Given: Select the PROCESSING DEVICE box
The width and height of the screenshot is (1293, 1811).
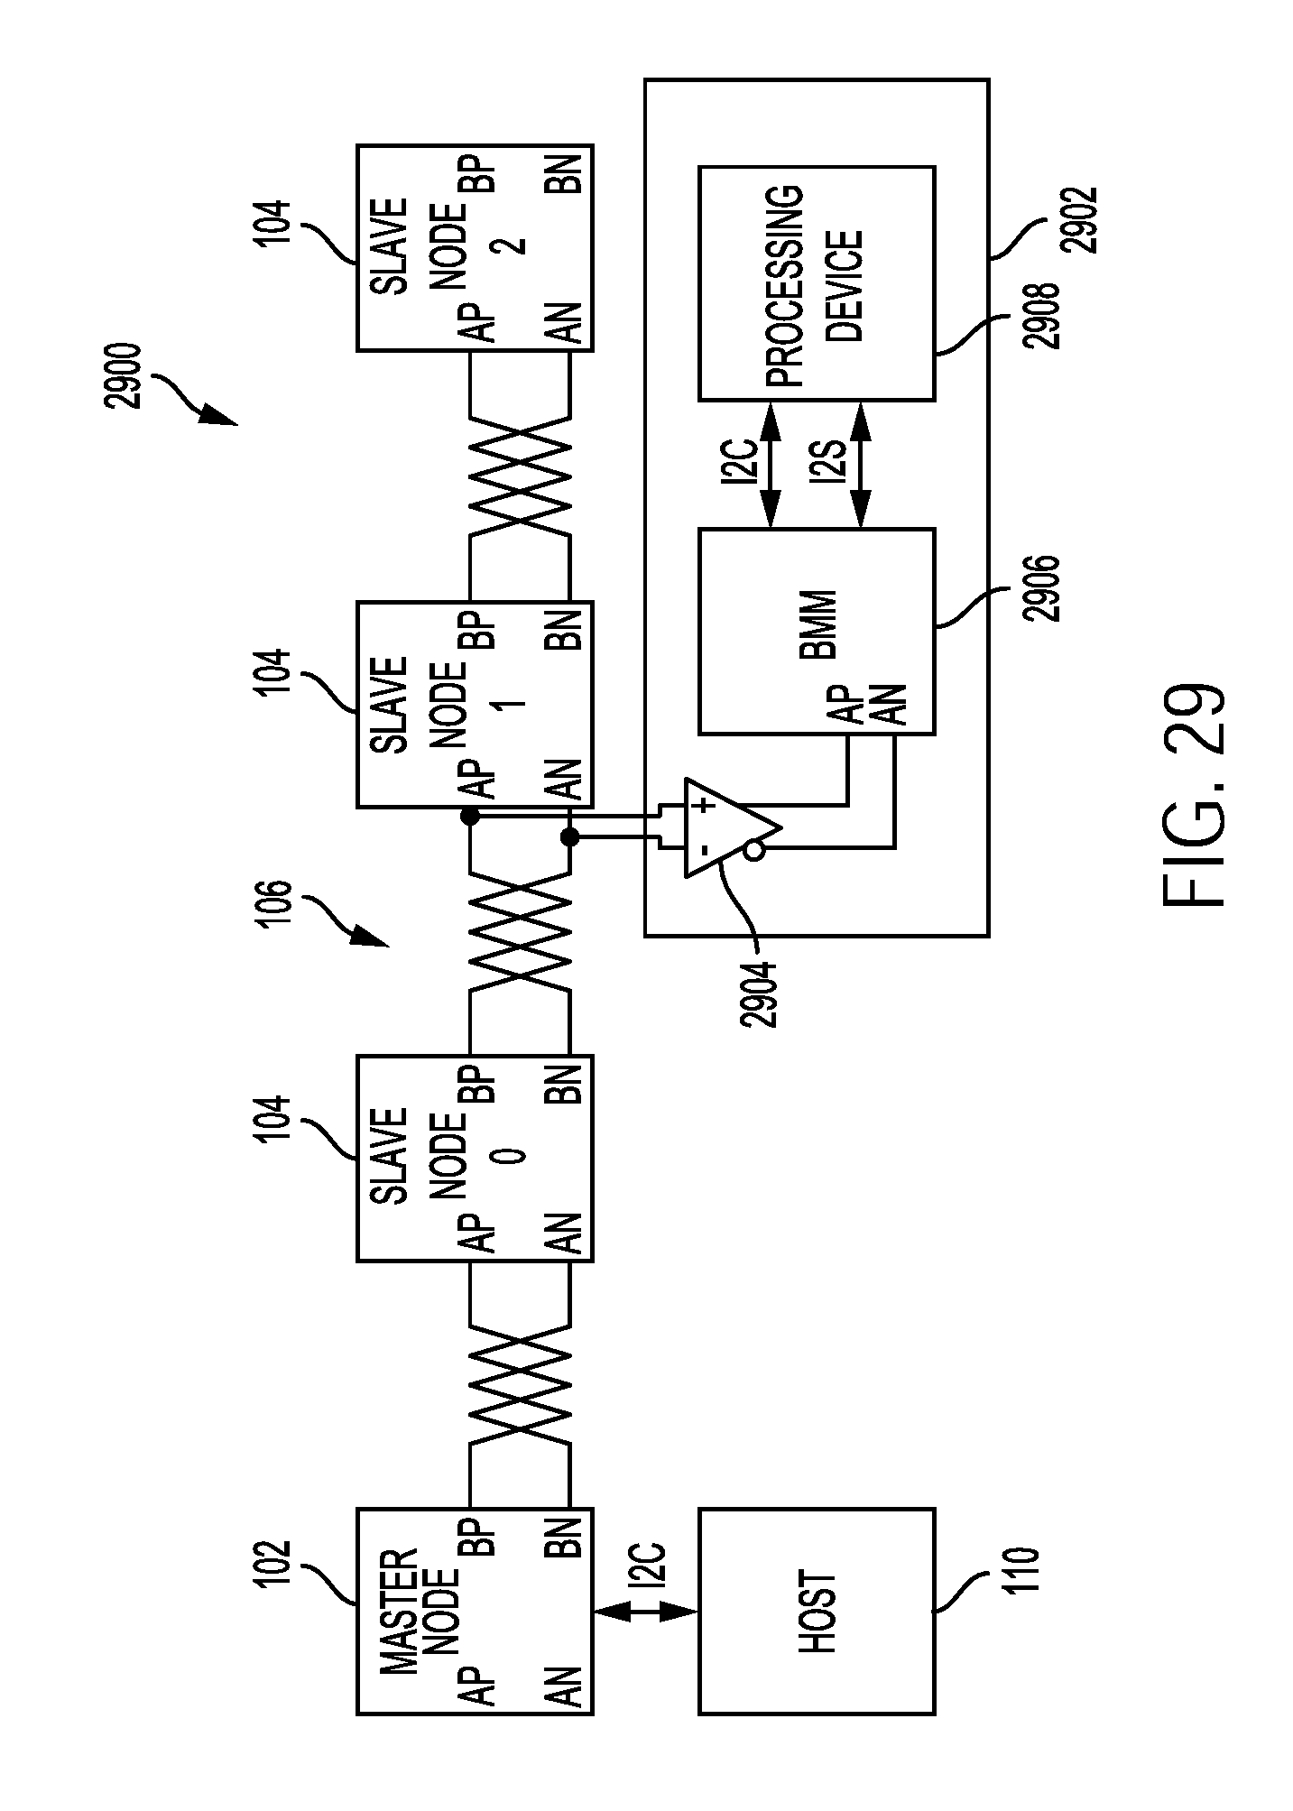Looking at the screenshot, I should (817, 282).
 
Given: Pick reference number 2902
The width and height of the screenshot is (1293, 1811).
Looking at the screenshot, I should (1081, 219).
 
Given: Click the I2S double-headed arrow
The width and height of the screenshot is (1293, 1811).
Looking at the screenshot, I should (860, 465).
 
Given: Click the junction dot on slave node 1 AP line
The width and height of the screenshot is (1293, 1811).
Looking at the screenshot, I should (469, 817).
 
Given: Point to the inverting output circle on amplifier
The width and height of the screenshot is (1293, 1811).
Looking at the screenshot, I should (754, 850).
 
